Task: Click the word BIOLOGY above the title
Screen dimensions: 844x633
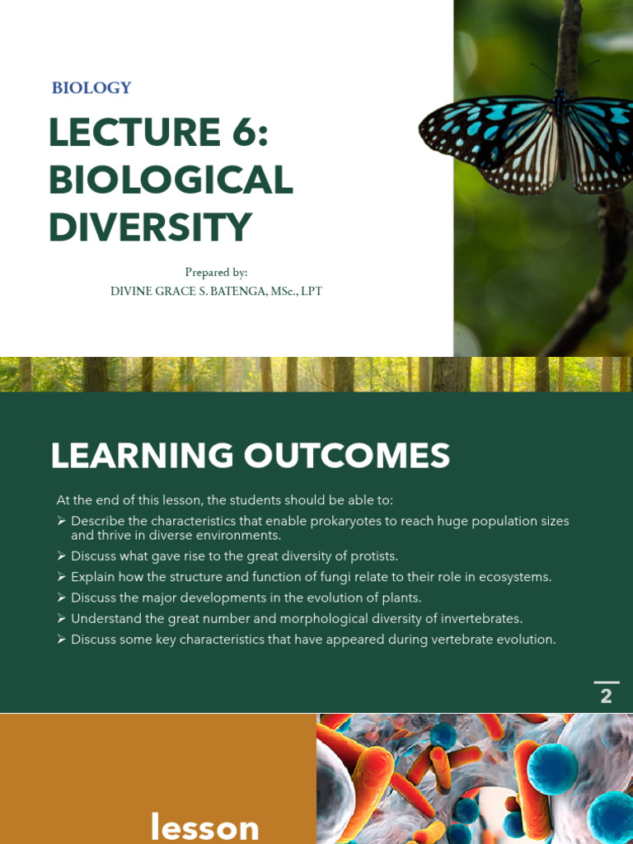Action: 91,88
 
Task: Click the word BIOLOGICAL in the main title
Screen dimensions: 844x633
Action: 171,181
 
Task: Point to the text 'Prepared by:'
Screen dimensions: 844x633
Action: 216,272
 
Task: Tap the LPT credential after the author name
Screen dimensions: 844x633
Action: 311,292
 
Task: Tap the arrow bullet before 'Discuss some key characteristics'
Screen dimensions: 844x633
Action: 61,640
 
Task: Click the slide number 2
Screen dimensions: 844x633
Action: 606,696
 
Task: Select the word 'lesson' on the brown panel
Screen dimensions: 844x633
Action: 204,828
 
